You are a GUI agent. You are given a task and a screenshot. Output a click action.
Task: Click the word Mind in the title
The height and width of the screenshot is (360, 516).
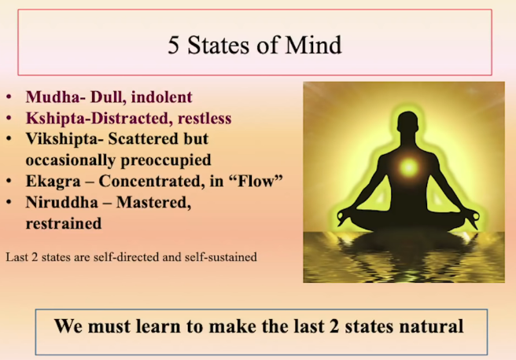point(314,45)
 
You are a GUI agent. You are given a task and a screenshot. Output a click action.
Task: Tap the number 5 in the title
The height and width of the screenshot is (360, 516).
point(173,45)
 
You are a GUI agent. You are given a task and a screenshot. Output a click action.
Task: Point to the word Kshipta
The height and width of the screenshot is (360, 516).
point(55,118)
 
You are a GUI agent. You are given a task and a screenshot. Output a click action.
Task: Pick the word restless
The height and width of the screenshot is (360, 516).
point(205,118)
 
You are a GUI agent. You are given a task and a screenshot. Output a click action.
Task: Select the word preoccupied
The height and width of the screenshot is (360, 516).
point(166,160)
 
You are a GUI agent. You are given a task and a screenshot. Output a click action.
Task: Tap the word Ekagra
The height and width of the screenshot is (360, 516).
point(53,181)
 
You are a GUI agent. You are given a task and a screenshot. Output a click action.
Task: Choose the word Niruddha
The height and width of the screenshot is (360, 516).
point(62,202)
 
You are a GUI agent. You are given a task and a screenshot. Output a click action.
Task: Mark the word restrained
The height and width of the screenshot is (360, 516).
point(64,223)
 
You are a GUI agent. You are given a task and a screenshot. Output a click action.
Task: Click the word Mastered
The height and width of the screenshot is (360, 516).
point(153,202)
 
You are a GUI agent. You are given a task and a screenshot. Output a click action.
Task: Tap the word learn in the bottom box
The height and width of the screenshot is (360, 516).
point(159,326)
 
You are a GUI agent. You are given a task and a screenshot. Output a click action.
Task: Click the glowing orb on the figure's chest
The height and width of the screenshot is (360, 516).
point(409,167)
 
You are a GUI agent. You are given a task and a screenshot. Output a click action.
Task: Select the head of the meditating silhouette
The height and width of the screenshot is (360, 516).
point(407,124)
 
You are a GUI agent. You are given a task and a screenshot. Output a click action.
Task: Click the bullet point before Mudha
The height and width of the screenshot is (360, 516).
point(9,97)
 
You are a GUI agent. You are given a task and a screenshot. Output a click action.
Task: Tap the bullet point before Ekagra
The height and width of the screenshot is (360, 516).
point(9,182)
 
